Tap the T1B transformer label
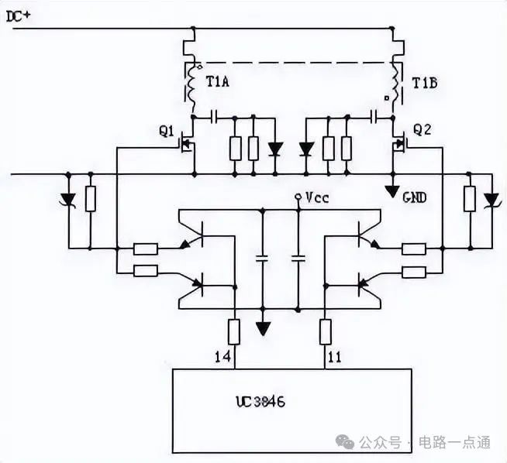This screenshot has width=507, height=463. [425, 82]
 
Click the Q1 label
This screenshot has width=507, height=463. [167, 131]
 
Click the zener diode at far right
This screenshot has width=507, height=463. [489, 200]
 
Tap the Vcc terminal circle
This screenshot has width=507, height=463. [299, 199]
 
